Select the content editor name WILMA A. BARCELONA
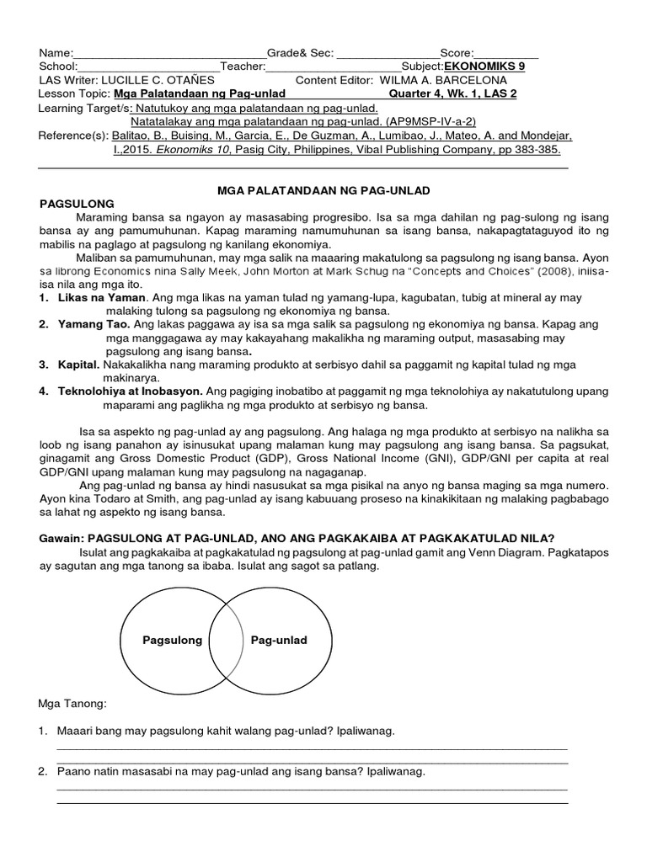coord(444,80)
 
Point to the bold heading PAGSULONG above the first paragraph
coord(78,205)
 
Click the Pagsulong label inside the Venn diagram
coord(172,641)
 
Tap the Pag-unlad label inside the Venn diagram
coord(279,641)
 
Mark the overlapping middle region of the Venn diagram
coord(226,641)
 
